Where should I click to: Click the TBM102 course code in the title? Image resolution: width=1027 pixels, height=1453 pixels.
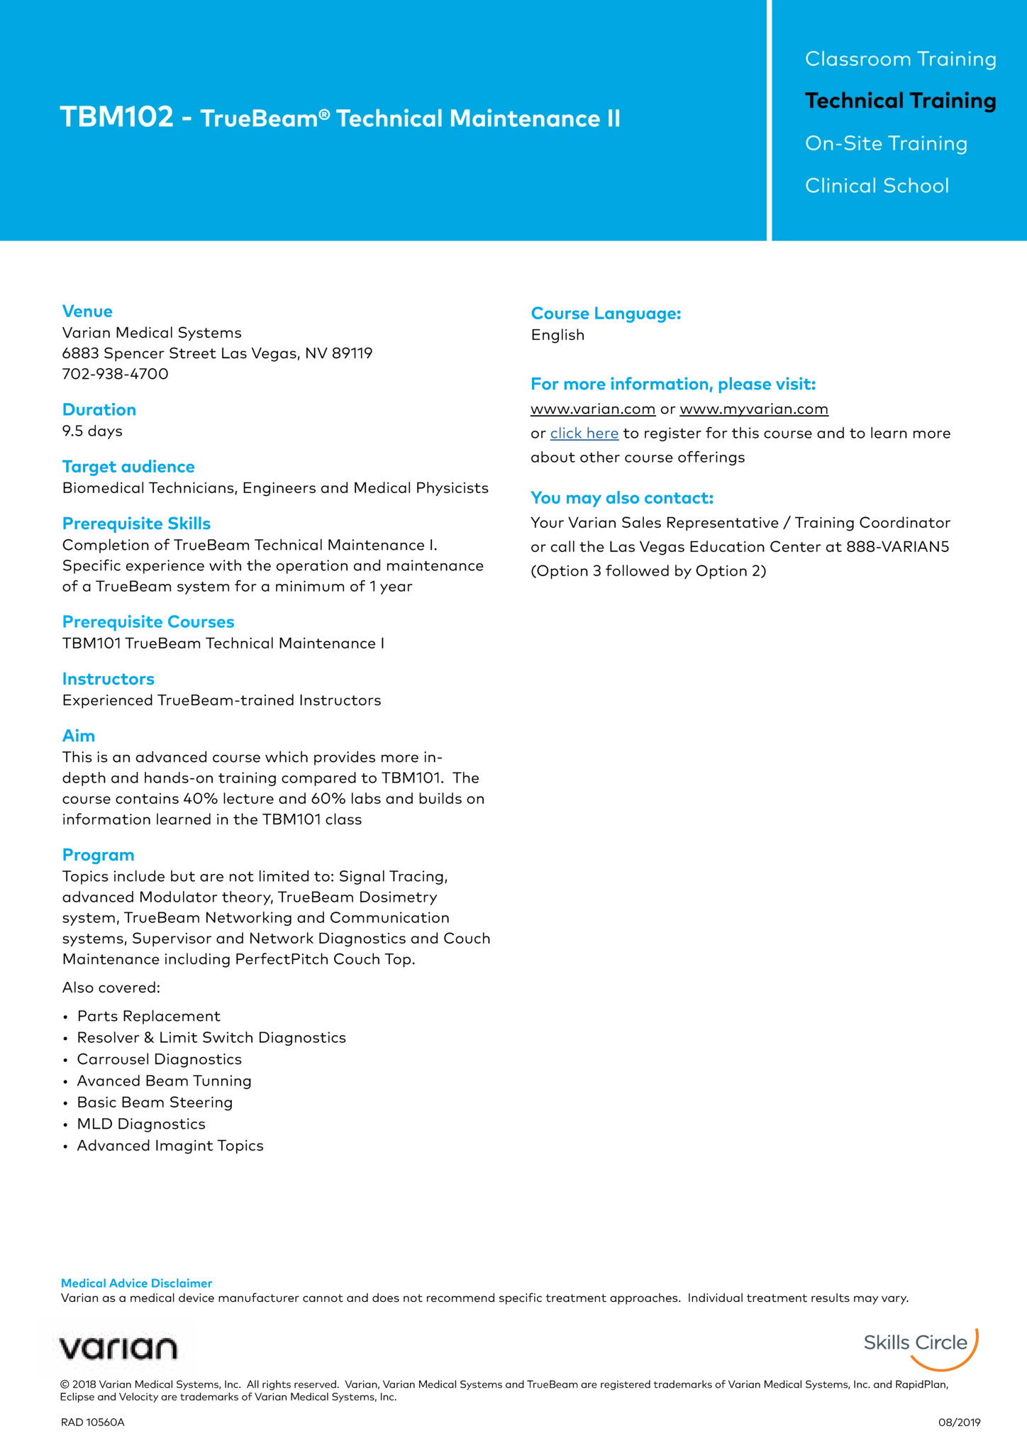pyautogui.click(x=116, y=118)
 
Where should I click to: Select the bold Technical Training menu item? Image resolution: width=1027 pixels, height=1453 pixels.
pyautogui.click(x=900, y=101)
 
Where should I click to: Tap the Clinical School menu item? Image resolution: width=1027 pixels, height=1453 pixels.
pyautogui.click(x=877, y=186)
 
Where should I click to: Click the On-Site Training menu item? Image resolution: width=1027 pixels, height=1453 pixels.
pyautogui.click(x=886, y=144)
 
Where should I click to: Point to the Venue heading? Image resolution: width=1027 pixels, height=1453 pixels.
pyautogui.click(x=87, y=311)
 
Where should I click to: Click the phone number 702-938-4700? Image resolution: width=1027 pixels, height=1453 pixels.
pyautogui.click(x=115, y=374)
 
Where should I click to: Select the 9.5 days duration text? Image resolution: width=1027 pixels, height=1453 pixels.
pyautogui.click(x=92, y=431)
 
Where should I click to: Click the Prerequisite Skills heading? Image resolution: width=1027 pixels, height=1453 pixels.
pyautogui.click(x=136, y=524)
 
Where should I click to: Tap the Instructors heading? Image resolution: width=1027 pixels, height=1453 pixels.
pyautogui.click(x=108, y=679)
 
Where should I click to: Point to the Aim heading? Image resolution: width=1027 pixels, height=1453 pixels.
pyautogui.click(x=78, y=736)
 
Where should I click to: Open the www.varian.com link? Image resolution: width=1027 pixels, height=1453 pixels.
pyautogui.click(x=593, y=409)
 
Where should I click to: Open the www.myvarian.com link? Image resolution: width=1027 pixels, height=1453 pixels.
pyautogui.click(x=754, y=409)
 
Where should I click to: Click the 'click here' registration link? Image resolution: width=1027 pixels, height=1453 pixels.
pyautogui.click(x=584, y=433)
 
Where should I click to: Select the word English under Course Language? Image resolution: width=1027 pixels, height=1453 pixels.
pyautogui.click(x=557, y=336)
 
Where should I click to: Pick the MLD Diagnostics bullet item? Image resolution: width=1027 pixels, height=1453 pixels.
pyautogui.click(x=141, y=1124)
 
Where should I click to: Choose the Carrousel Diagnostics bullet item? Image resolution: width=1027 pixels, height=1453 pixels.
pyautogui.click(x=159, y=1059)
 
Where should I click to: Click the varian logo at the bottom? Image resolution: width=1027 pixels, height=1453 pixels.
pyautogui.click(x=118, y=1348)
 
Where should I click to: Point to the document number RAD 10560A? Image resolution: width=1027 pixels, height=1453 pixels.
pyautogui.click(x=92, y=1422)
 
